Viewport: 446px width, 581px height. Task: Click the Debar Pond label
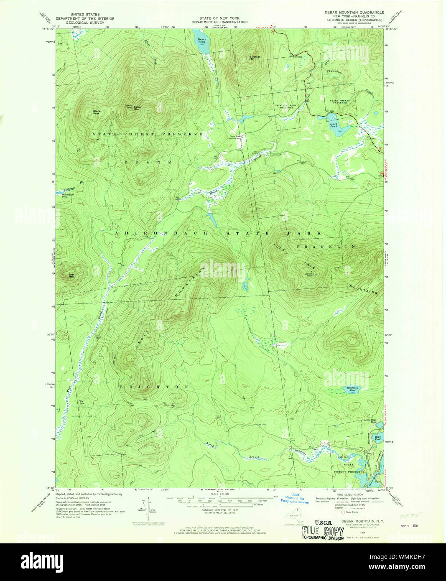[201, 41]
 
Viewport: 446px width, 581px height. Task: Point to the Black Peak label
[96, 112]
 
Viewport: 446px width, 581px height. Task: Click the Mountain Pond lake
[353, 391]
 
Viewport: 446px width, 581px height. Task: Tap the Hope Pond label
[377, 438]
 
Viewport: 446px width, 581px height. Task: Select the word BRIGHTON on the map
[154, 387]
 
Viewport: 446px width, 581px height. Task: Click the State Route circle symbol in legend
[344, 512]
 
